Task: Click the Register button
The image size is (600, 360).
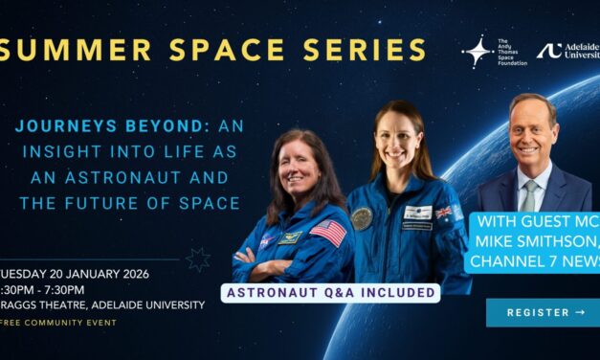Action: pyautogui.click(x=543, y=312)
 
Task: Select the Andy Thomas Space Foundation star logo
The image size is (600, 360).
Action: pyautogui.click(x=477, y=53)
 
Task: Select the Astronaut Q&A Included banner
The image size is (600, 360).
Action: pyautogui.click(x=330, y=291)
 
